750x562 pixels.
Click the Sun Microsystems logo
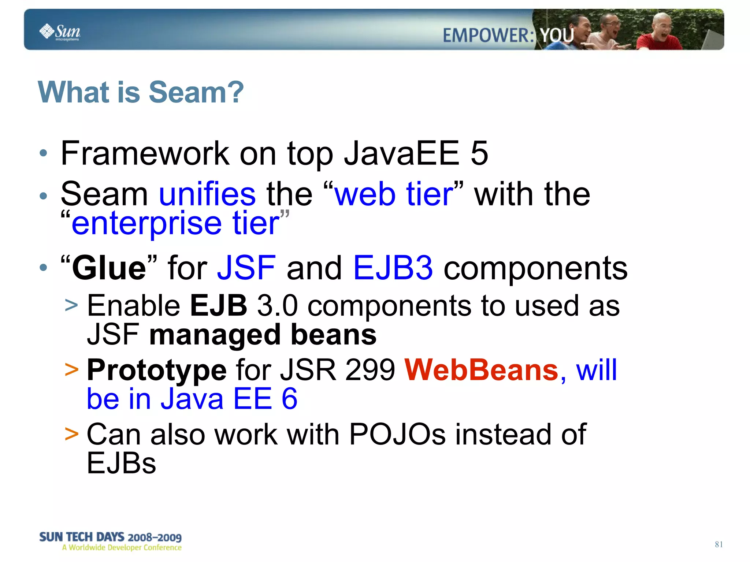(x=60, y=32)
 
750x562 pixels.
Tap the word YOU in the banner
(x=557, y=36)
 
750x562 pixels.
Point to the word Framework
(x=145, y=153)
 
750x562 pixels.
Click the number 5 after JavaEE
(x=479, y=153)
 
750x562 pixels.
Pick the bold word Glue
(x=109, y=268)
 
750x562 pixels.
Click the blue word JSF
(x=246, y=268)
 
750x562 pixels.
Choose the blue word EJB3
(x=393, y=268)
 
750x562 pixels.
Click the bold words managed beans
(x=263, y=335)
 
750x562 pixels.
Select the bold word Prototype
(x=157, y=370)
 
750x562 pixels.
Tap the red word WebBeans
(x=482, y=370)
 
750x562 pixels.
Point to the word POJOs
(x=397, y=435)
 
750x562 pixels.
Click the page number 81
(x=719, y=544)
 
